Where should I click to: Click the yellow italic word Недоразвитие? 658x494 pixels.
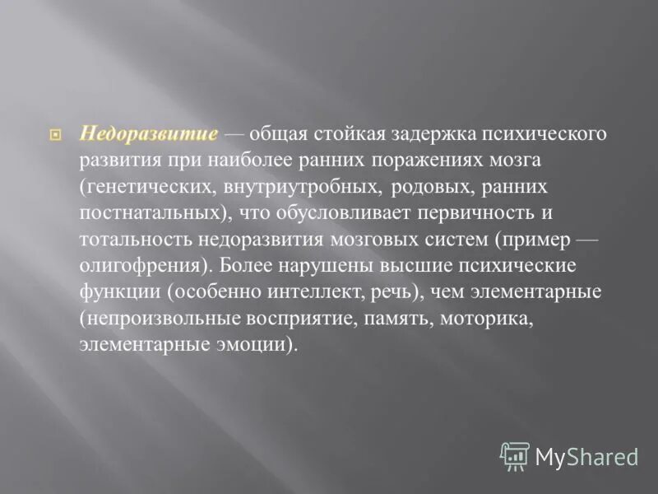tap(149, 133)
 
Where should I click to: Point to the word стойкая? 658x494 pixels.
tap(331, 133)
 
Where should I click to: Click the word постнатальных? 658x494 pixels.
tap(154, 212)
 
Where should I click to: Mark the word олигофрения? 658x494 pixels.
tap(140, 266)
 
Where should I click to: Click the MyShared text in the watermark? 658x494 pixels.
tap(586, 456)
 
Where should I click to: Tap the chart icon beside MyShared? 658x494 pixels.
tap(516, 455)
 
